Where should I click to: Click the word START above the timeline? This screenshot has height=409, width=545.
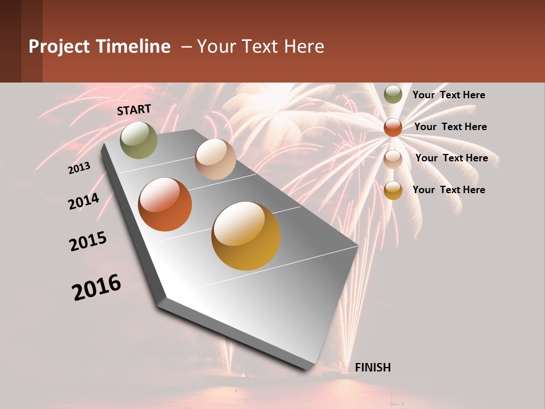[134, 110]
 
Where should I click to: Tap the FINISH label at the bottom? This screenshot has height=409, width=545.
[372, 368]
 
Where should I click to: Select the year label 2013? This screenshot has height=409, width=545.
[79, 168]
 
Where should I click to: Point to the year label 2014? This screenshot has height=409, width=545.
[83, 202]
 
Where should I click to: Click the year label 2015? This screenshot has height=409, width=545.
[88, 241]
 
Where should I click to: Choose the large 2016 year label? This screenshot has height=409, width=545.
[97, 287]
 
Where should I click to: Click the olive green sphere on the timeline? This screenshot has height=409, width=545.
[139, 140]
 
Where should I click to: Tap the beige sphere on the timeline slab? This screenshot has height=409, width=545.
[215, 159]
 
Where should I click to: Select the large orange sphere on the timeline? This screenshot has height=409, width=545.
[165, 204]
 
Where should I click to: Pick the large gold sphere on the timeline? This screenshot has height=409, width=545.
[246, 236]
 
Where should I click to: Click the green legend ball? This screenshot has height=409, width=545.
[393, 95]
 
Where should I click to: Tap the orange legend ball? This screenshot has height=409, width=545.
[393, 127]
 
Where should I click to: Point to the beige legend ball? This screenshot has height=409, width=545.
[393, 158]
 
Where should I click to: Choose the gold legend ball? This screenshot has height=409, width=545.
[393, 190]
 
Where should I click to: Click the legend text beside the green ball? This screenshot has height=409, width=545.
[448, 95]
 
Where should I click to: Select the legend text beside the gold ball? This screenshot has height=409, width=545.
[448, 190]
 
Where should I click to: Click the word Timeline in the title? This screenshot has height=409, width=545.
[133, 47]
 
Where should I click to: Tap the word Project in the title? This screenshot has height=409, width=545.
[59, 47]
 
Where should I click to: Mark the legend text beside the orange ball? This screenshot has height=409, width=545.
[450, 127]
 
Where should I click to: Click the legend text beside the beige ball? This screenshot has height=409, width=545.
[451, 158]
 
